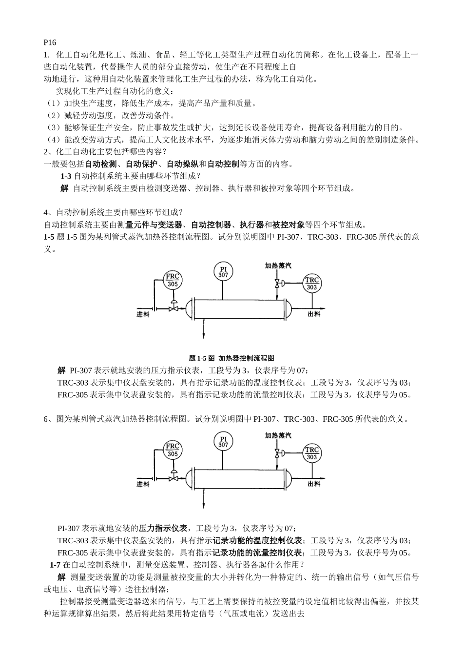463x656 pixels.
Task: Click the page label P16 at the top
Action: pos(50,43)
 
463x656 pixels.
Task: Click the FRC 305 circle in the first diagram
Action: pos(173,280)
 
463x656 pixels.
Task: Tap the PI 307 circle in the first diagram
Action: pos(223,272)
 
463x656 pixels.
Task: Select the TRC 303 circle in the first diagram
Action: pos(312,284)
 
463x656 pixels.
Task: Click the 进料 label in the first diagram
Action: pos(143,314)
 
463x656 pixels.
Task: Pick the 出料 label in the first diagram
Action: pos(314,314)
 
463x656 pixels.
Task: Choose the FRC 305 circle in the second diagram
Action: pos(173,450)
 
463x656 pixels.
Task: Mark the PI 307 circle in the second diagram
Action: pos(223,442)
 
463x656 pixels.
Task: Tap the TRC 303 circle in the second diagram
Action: pos(312,453)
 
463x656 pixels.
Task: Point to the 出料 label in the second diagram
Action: pos(314,484)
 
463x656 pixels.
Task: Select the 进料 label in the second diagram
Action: pos(143,484)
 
